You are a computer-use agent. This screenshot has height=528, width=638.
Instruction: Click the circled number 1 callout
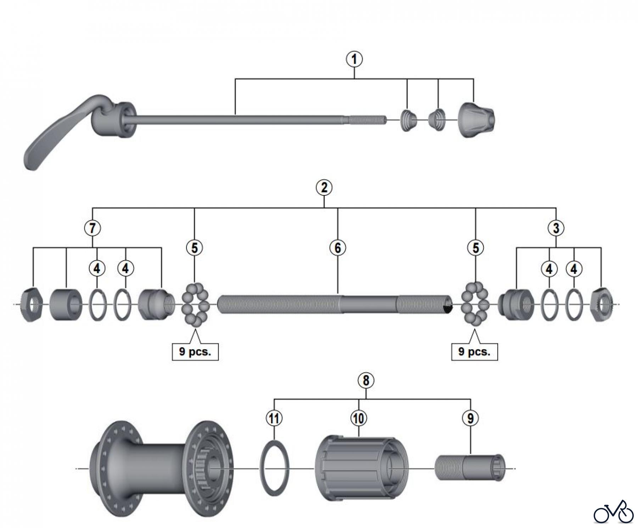tap(354, 59)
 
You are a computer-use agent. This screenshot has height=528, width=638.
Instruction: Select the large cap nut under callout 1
tap(476, 120)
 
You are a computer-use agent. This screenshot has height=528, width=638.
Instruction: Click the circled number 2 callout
tap(324, 188)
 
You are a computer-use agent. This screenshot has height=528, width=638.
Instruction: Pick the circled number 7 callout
tap(93, 228)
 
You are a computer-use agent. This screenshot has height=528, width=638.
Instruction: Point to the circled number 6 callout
tap(337, 248)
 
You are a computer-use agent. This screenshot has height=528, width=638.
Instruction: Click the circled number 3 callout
tap(556, 228)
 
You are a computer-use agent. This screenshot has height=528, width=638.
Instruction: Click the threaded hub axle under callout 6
tap(335, 305)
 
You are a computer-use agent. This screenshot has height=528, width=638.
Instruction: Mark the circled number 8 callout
tap(366, 380)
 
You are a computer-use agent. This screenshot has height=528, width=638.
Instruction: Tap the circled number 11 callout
tap(274, 418)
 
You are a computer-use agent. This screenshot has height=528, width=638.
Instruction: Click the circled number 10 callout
tap(358, 418)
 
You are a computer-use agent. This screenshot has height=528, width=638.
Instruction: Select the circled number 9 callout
tap(470, 418)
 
